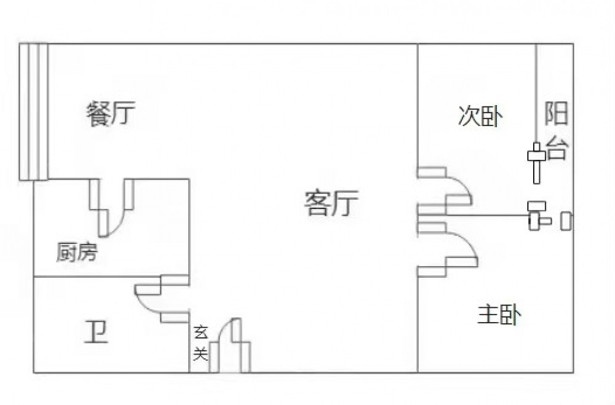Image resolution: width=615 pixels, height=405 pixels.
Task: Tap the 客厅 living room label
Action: [x=331, y=203]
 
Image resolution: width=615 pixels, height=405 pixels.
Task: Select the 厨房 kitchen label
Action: [x=76, y=252]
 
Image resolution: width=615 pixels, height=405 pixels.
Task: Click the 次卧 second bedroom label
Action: [x=480, y=116]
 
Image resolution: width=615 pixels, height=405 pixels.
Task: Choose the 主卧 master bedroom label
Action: [x=499, y=316]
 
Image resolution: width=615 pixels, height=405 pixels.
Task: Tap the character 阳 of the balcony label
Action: [x=557, y=115]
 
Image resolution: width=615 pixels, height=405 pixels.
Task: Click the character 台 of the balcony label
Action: [x=557, y=148]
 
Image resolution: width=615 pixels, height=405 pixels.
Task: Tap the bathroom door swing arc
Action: [x=148, y=304]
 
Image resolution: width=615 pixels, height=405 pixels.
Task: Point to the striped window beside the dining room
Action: [x=33, y=111]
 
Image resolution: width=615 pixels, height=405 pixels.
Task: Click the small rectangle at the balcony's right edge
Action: [x=566, y=221]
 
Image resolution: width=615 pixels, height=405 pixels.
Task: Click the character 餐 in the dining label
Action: [x=98, y=115]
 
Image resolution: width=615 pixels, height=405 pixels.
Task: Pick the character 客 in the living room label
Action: [x=317, y=203]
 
